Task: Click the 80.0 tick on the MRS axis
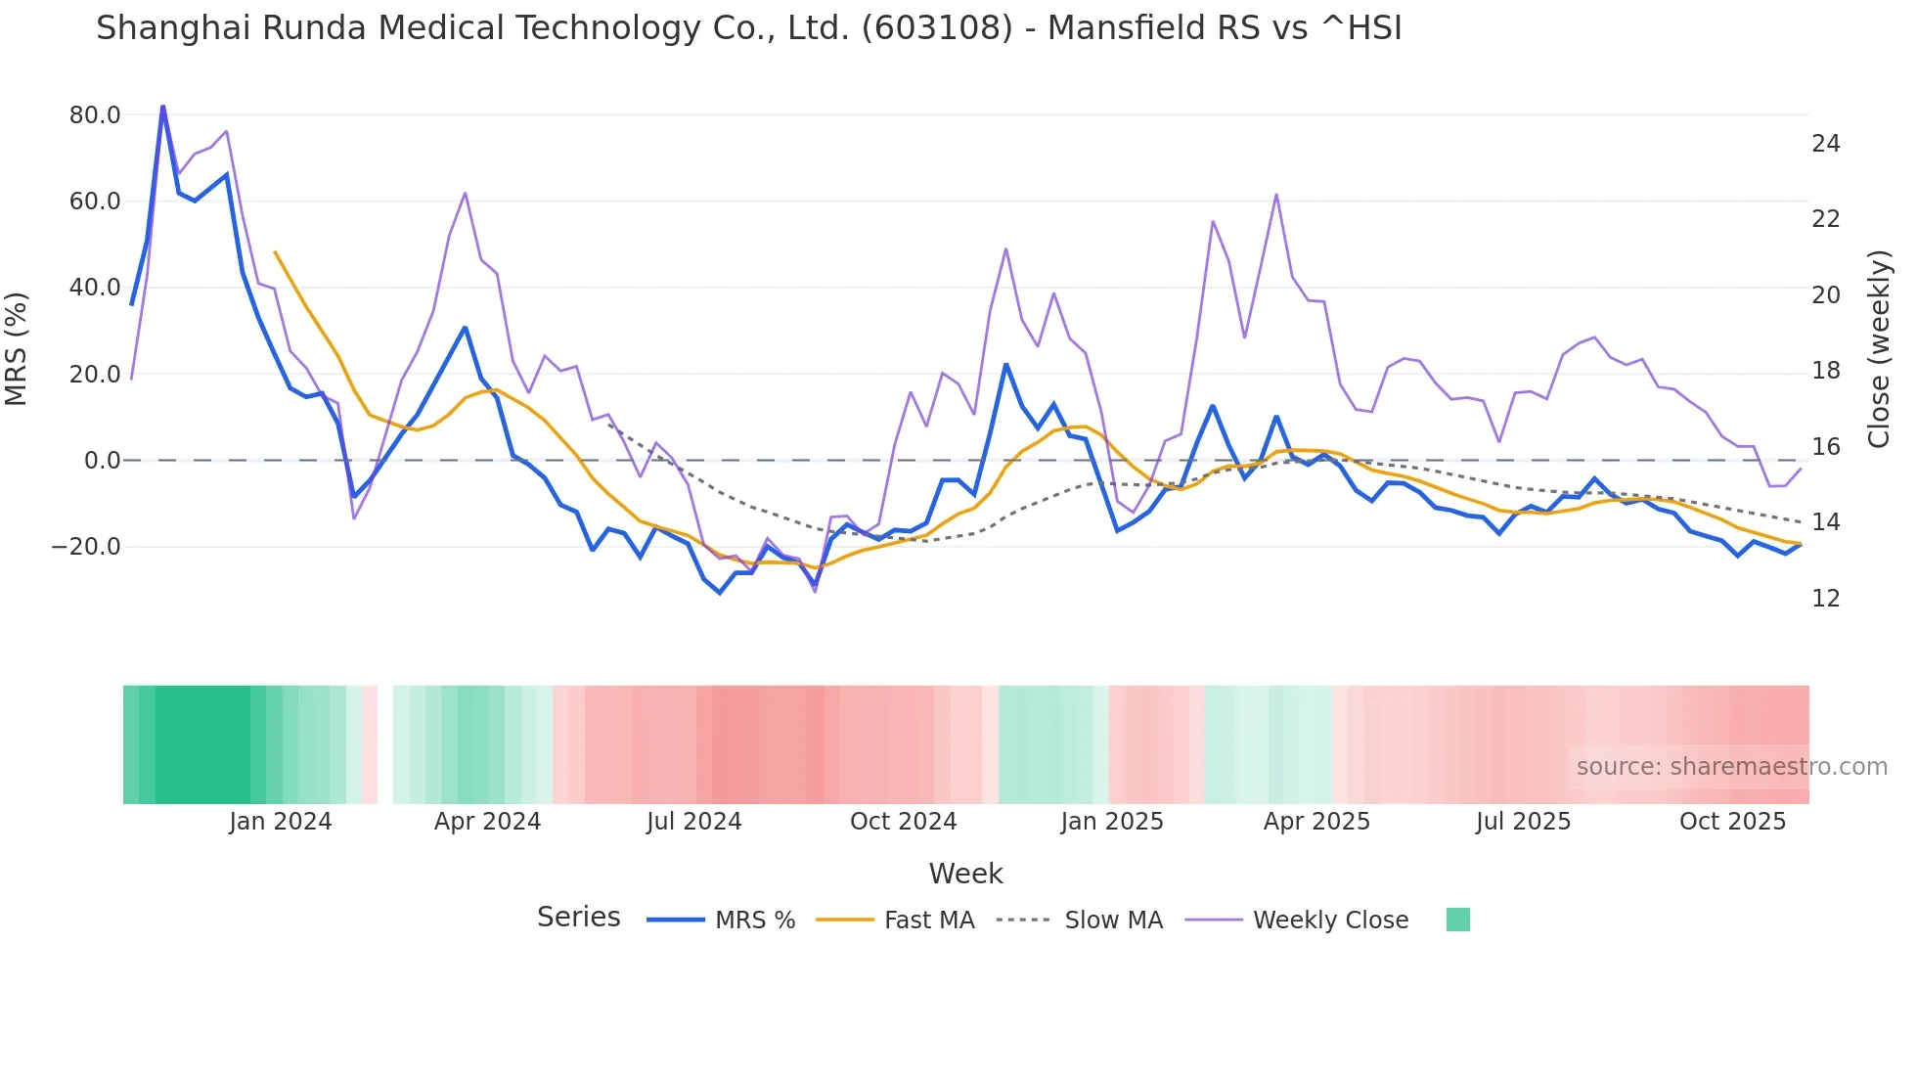click(x=95, y=115)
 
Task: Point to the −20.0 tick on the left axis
click(x=86, y=547)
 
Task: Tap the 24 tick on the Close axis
click(x=1825, y=144)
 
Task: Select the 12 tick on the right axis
click(x=1825, y=599)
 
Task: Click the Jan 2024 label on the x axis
click(x=281, y=822)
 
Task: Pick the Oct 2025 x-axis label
click(x=1732, y=822)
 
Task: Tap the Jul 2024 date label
click(x=694, y=822)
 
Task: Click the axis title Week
click(x=965, y=874)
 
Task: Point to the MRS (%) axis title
click(x=17, y=348)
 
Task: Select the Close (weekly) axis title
click(x=1878, y=348)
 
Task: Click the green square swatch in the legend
click(x=1457, y=920)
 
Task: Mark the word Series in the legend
click(x=578, y=918)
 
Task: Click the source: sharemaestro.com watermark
click(x=1731, y=767)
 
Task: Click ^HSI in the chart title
click(x=1360, y=28)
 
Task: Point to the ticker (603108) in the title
click(x=936, y=28)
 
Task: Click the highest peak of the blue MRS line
click(x=162, y=106)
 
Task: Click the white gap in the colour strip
click(x=385, y=744)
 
